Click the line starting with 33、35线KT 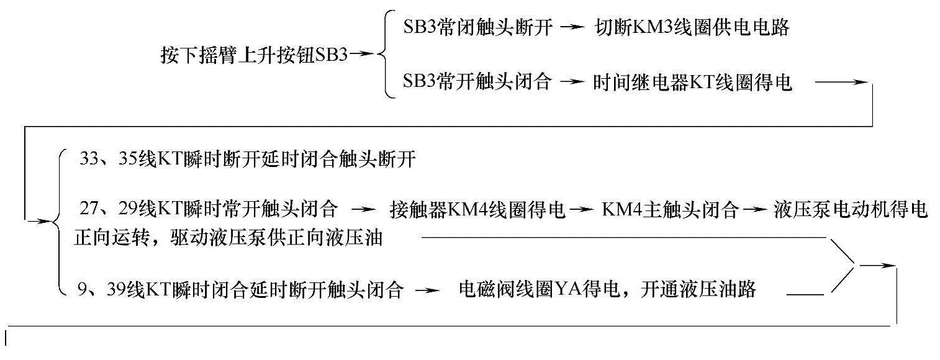247,160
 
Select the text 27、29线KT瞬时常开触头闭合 209,209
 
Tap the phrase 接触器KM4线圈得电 478,210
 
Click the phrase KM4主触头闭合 671,210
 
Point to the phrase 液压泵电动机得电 851,210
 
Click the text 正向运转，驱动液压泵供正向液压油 227,239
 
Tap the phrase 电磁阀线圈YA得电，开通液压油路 607,289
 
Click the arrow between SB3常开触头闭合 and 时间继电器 573,82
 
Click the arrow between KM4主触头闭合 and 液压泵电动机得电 752,210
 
